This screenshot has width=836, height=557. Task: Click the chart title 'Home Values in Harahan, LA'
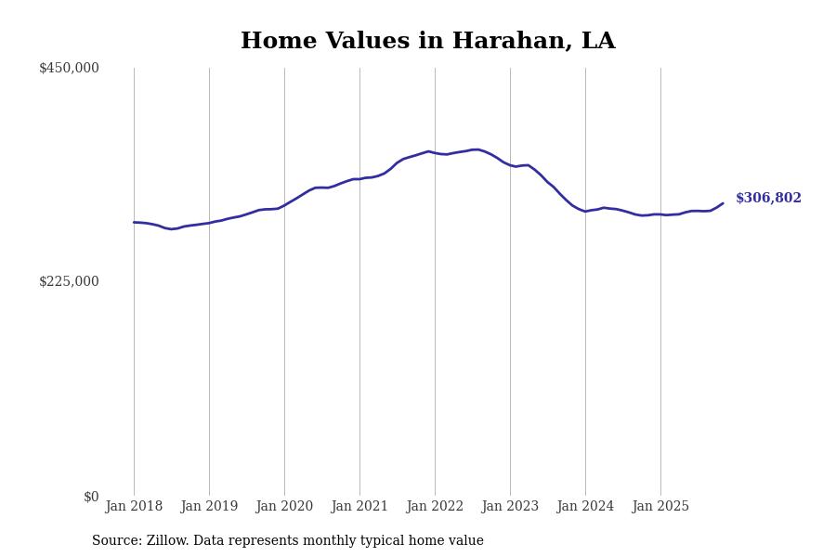[427, 42]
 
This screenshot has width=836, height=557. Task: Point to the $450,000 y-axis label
[69, 68]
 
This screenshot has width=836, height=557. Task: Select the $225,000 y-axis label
[69, 281]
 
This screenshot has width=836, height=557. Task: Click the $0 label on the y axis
[91, 497]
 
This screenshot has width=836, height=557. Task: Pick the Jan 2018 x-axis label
[134, 507]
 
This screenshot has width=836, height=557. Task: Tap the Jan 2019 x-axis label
[209, 507]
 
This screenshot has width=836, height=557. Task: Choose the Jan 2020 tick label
[284, 507]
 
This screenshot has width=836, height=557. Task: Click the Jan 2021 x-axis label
[359, 507]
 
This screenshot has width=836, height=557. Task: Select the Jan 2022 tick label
[435, 507]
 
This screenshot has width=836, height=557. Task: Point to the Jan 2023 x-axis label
[510, 507]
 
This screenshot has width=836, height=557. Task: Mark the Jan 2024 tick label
[585, 507]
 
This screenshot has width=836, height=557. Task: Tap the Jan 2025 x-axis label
[660, 507]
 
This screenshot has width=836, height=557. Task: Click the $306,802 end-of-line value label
[768, 199]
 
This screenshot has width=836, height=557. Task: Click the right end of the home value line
[723, 203]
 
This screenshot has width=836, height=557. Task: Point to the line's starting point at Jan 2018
[134, 222]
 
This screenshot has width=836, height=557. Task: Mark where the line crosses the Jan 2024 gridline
[585, 212]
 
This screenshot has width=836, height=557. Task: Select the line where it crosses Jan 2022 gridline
[435, 152]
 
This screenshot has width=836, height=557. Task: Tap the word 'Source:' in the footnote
[117, 541]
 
